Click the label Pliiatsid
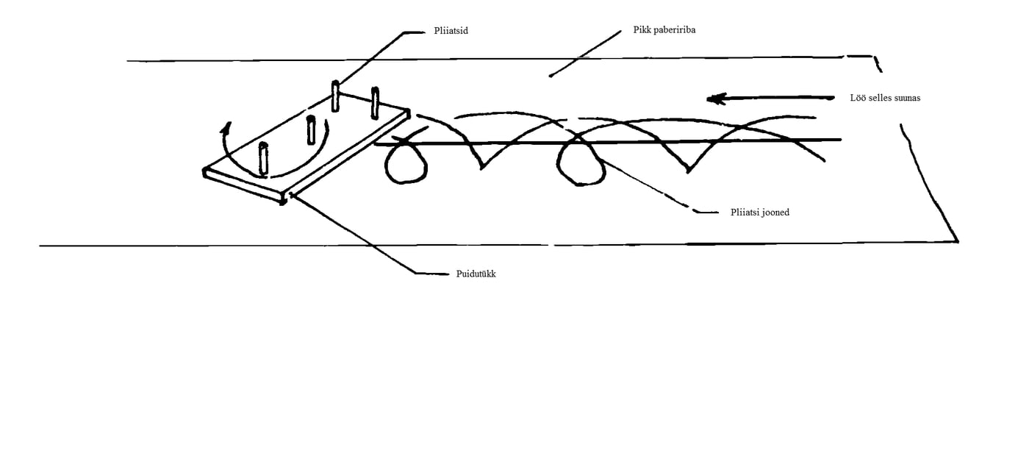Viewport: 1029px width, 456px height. (452, 32)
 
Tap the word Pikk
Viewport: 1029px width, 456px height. (642, 32)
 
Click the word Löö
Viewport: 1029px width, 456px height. (858, 98)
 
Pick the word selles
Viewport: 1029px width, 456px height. (880, 98)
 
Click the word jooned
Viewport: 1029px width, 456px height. (775, 213)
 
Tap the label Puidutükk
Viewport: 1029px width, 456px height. (476, 274)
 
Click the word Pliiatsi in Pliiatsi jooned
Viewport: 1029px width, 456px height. (745, 213)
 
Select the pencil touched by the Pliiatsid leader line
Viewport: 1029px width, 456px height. (335, 96)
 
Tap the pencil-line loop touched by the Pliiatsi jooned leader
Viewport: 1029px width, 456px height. (581, 162)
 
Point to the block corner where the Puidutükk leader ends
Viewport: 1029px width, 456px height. (289, 196)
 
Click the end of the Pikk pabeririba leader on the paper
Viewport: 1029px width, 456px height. (551, 76)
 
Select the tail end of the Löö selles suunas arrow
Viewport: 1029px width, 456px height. (833, 98)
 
